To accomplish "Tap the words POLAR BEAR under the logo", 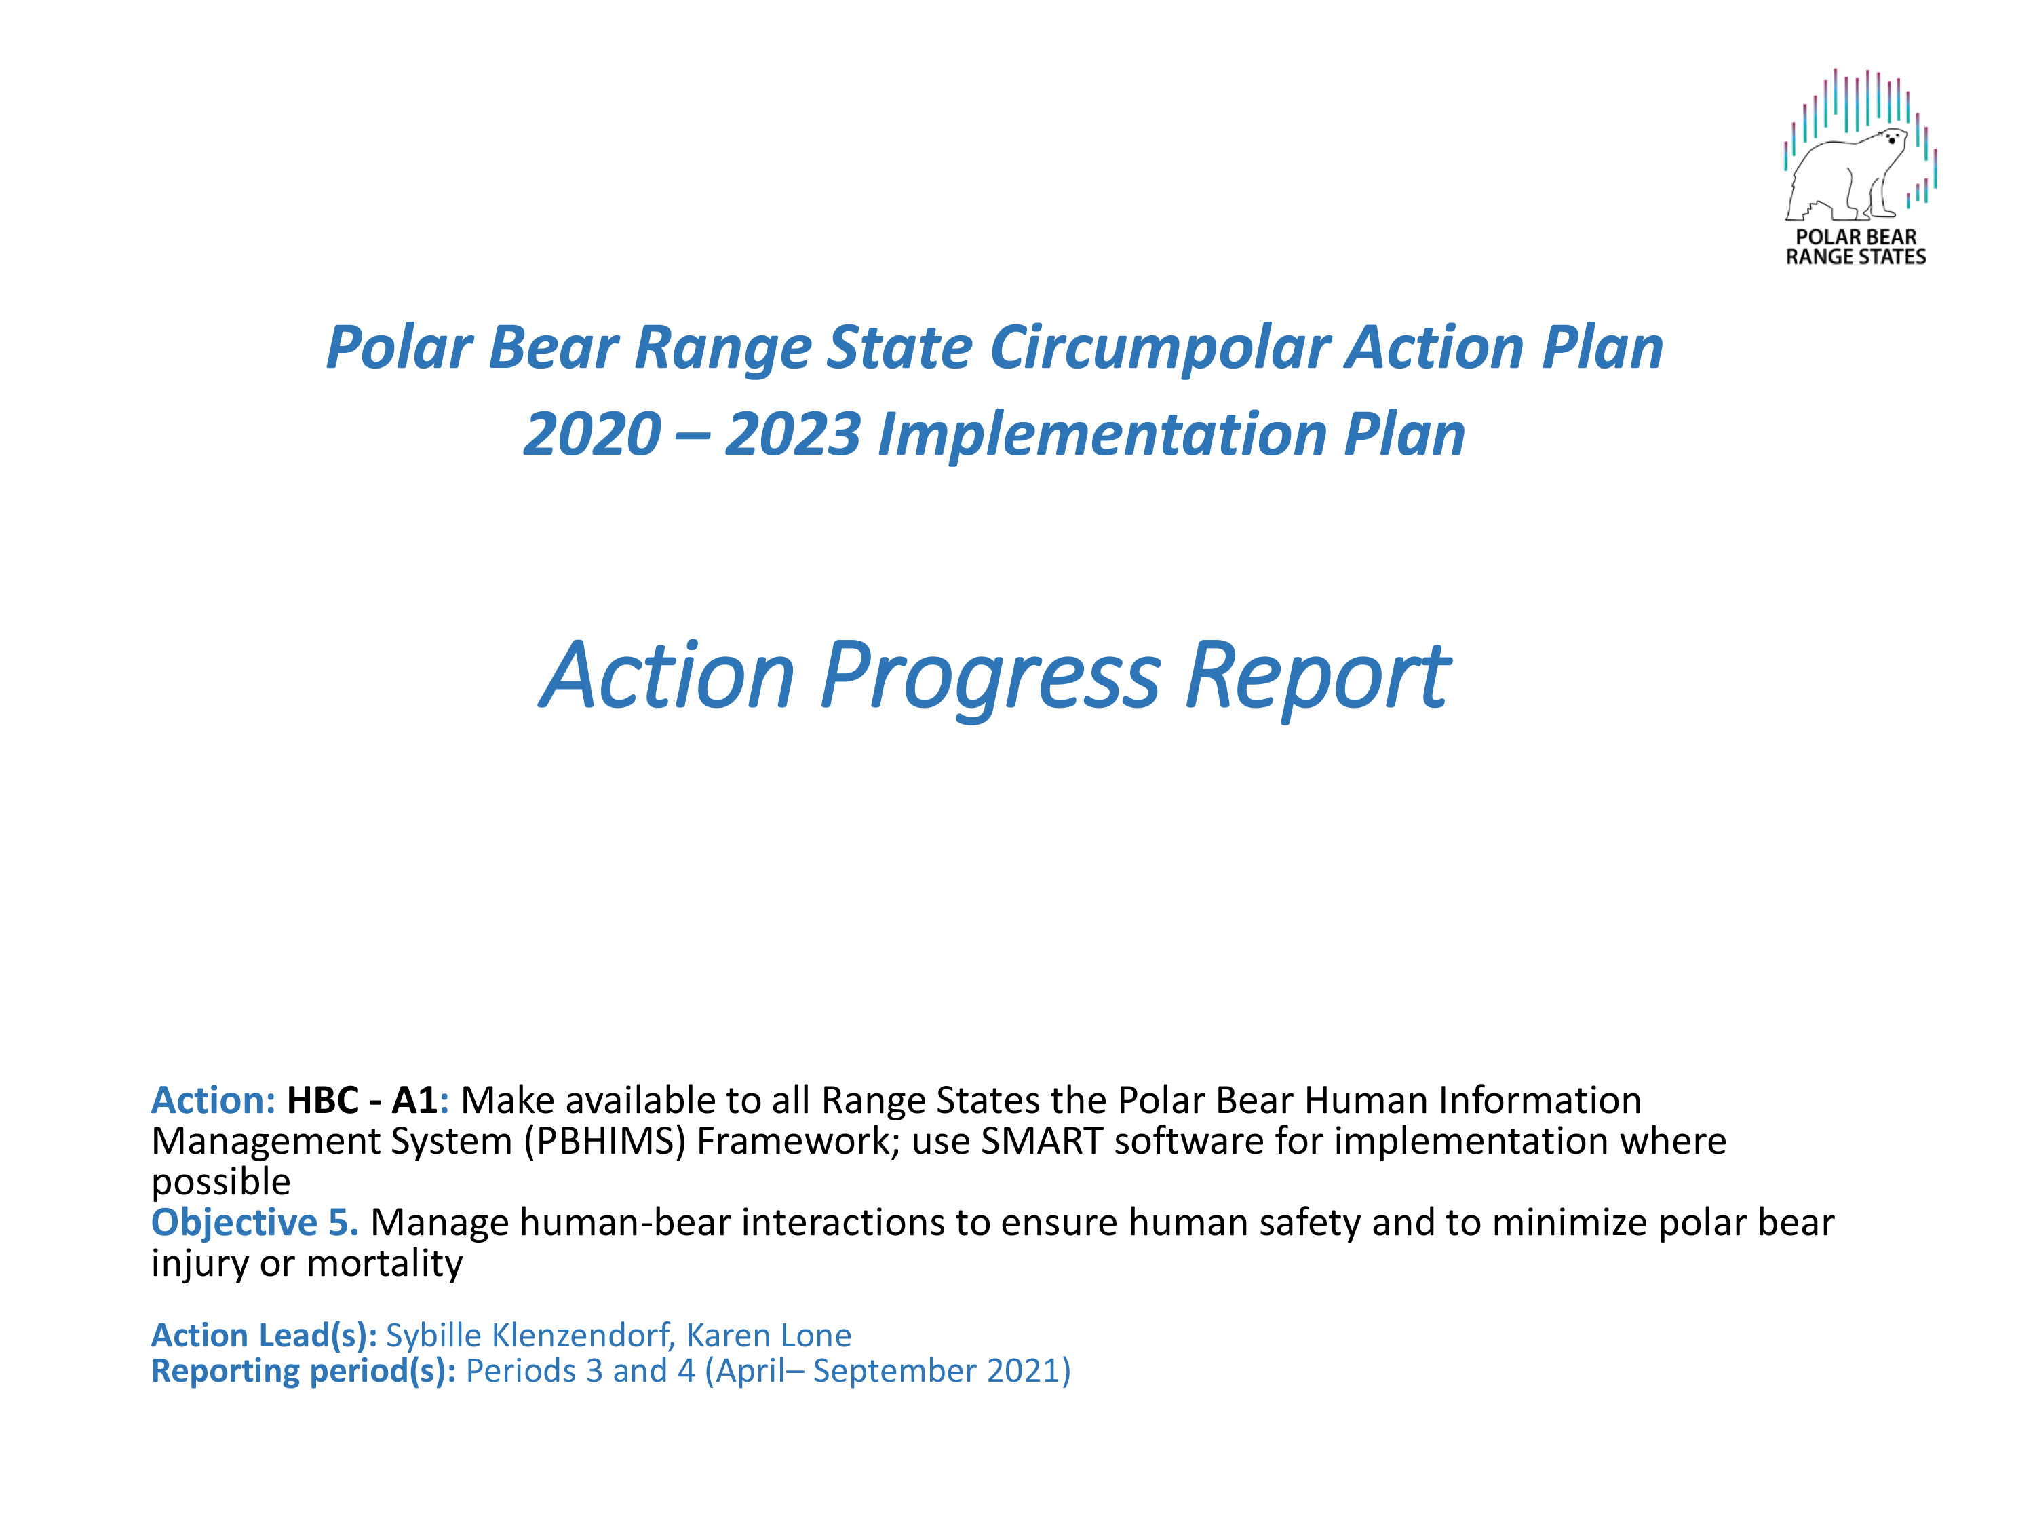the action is [x=1856, y=237].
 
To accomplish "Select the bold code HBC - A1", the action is [x=362, y=1100].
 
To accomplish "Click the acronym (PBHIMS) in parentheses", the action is [x=605, y=1142].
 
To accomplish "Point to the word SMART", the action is [x=1043, y=1142].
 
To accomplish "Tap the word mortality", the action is [x=385, y=1264].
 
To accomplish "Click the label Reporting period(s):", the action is [x=304, y=1372].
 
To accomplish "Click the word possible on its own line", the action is [x=220, y=1182].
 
